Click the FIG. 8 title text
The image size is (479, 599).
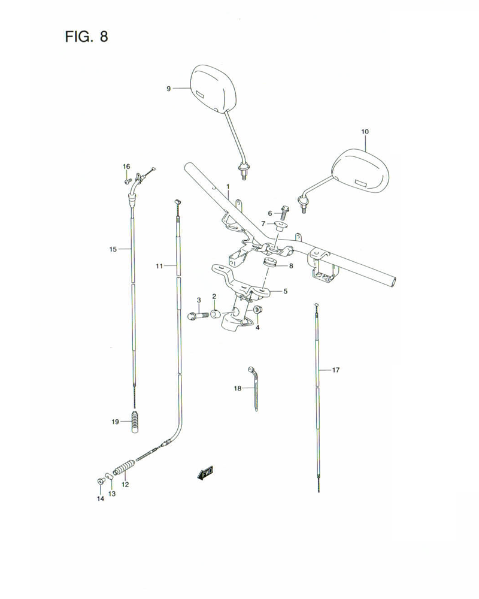pyautogui.click(x=86, y=37)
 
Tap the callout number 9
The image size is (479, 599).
pyautogui.click(x=169, y=88)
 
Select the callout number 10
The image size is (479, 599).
pyautogui.click(x=365, y=131)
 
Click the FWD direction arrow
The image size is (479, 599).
pyautogui.click(x=205, y=474)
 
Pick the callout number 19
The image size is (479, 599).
pyautogui.click(x=116, y=422)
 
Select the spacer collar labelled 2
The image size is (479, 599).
pyautogui.click(x=215, y=313)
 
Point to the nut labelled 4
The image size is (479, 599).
pyautogui.click(x=257, y=310)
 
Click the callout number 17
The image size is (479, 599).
pyautogui.click(x=335, y=370)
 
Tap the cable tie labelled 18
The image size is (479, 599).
pyautogui.click(x=254, y=388)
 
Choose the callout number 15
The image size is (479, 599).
pyautogui.click(x=113, y=249)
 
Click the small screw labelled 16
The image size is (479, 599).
pyautogui.click(x=127, y=180)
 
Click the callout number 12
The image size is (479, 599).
pyautogui.click(x=125, y=485)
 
